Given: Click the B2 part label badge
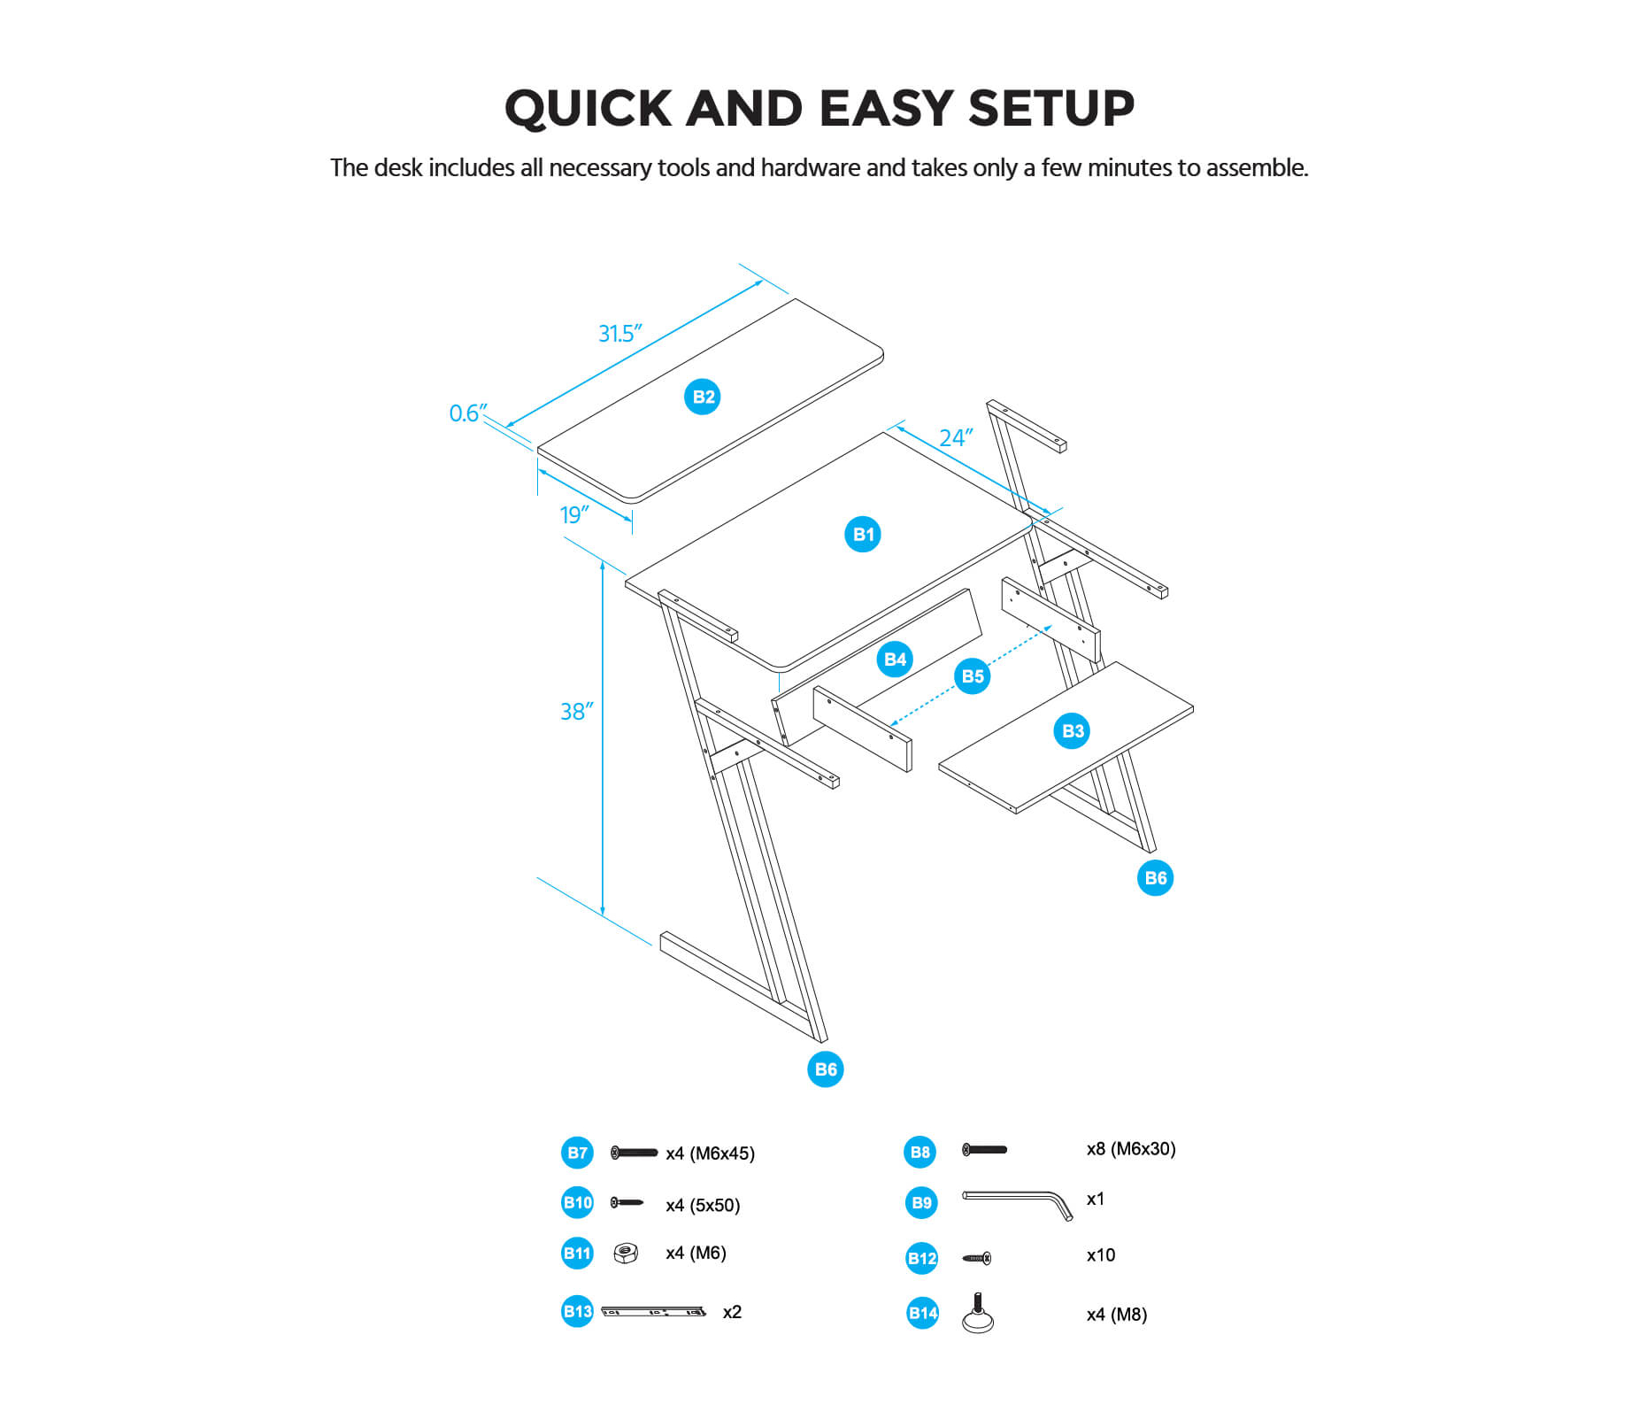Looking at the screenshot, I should (x=702, y=397).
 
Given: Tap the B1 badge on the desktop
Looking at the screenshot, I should (x=862, y=534).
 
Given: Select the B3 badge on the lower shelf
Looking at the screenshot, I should (x=1072, y=730).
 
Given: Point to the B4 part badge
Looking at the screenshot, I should (x=895, y=659).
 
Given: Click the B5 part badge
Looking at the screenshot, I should (x=972, y=676).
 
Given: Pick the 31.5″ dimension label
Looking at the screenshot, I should (x=619, y=334).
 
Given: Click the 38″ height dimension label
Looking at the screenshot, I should (x=576, y=712).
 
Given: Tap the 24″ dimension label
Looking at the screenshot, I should (x=956, y=437).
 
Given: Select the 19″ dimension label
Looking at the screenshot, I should (x=574, y=514).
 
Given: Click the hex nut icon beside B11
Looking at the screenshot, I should (x=626, y=1253).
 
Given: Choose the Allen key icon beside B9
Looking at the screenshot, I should (x=1018, y=1204).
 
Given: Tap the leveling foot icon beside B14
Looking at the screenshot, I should (x=978, y=1313).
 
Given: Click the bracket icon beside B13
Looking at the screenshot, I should (x=653, y=1311).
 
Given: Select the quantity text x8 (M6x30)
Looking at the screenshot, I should (x=1130, y=1149).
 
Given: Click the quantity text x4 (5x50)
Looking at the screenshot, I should (x=703, y=1205).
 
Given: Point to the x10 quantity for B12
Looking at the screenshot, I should (x=1100, y=1255).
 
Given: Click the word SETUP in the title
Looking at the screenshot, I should (x=1050, y=109).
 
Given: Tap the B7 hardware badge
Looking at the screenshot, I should (x=577, y=1153).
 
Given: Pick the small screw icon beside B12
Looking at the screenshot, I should (x=977, y=1258).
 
